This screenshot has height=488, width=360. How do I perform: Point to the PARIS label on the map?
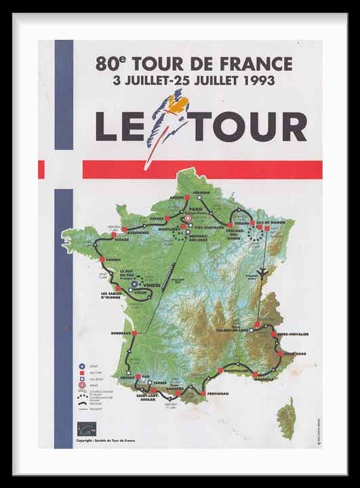pos(197,209)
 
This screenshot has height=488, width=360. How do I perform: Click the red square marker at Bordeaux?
pos(135,333)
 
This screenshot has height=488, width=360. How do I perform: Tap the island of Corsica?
pos(287,418)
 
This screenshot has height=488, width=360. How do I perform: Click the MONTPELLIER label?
pos(234,371)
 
